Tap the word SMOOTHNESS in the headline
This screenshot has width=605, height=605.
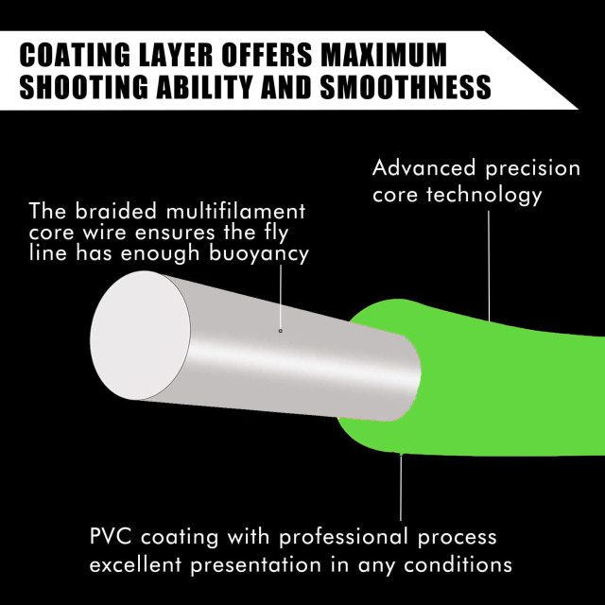(406, 86)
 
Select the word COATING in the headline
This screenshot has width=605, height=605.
(75, 55)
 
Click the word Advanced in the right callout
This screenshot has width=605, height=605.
(423, 168)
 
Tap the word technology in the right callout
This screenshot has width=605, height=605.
(484, 194)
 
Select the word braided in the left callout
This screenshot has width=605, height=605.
(115, 211)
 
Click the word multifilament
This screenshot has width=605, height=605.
(235, 211)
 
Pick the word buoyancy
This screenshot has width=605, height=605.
(259, 254)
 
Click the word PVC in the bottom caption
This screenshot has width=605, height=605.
(111, 536)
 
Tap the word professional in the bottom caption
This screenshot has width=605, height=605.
(343, 537)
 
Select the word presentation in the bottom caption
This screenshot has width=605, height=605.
(256, 565)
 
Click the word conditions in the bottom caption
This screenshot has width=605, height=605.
(458, 564)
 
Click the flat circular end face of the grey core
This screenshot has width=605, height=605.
(140, 336)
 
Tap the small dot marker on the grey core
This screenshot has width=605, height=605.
(281, 331)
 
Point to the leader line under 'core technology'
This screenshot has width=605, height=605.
(489, 266)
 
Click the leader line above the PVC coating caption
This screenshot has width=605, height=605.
(401, 488)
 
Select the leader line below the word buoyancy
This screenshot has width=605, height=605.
(281, 296)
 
